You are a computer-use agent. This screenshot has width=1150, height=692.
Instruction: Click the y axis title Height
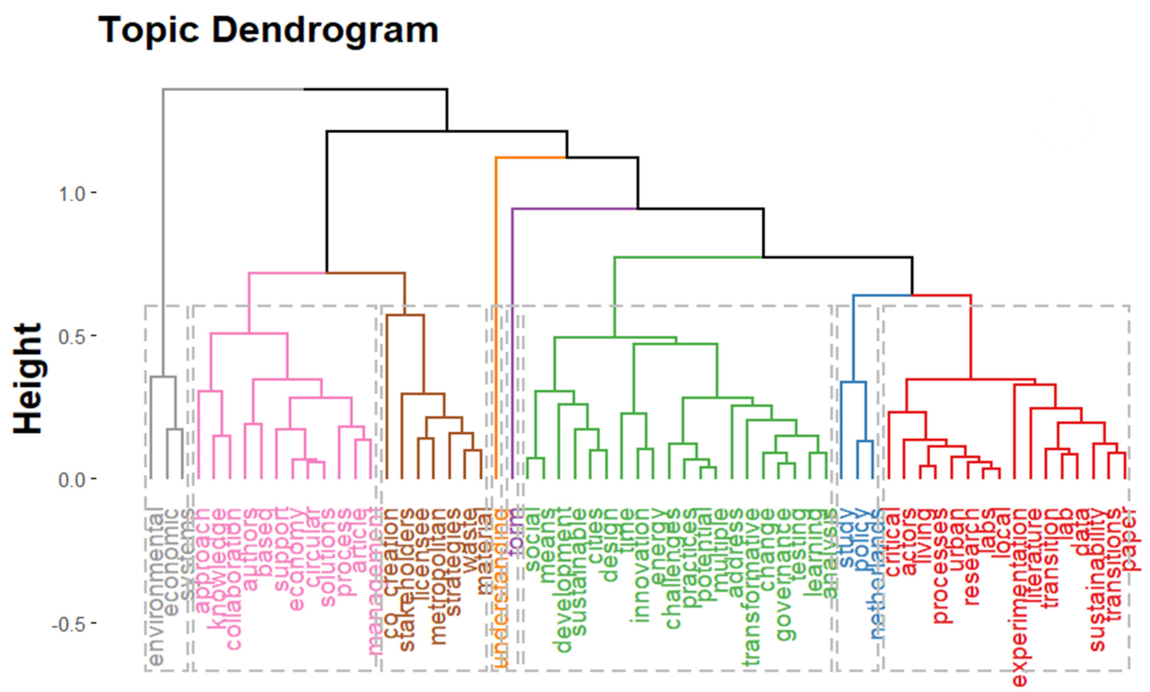pos(28,378)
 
